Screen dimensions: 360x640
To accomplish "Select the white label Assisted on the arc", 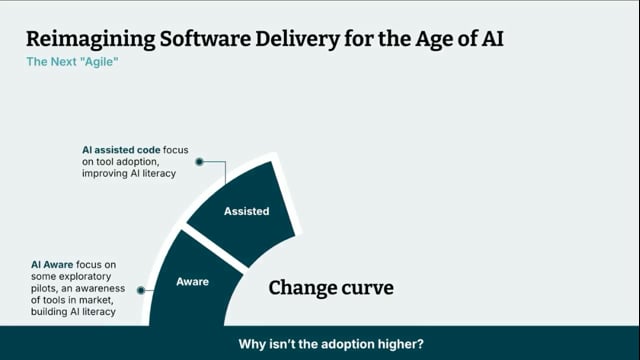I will pyautogui.click(x=246, y=211).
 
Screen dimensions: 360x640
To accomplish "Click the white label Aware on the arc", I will pyautogui.click(x=192, y=282).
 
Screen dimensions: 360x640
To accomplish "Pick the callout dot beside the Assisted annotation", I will pyautogui.click(x=200, y=160).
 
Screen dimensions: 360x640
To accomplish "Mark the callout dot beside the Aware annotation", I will pyautogui.click(x=140, y=290).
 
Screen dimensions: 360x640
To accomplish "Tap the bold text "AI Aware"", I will pyautogui.click(x=51, y=264).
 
